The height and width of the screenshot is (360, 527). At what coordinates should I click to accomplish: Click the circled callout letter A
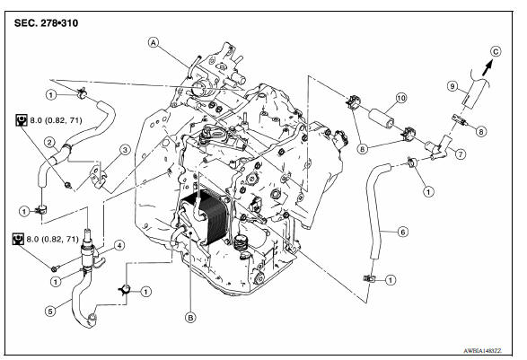[x=154, y=42]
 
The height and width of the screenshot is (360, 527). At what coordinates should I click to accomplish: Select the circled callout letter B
[x=189, y=316]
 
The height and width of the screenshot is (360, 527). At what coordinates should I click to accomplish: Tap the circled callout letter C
[x=496, y=51]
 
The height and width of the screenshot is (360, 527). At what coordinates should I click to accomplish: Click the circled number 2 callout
[x=52, y=143]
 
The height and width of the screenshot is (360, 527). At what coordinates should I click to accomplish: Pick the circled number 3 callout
[x=126, y=150]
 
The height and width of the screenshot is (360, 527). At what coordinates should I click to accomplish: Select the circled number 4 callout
[x=118, y=244]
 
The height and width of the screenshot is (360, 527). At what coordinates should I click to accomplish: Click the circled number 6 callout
[x=403, y=232]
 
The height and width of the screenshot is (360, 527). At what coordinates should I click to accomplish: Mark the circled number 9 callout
[x=453, y=87]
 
